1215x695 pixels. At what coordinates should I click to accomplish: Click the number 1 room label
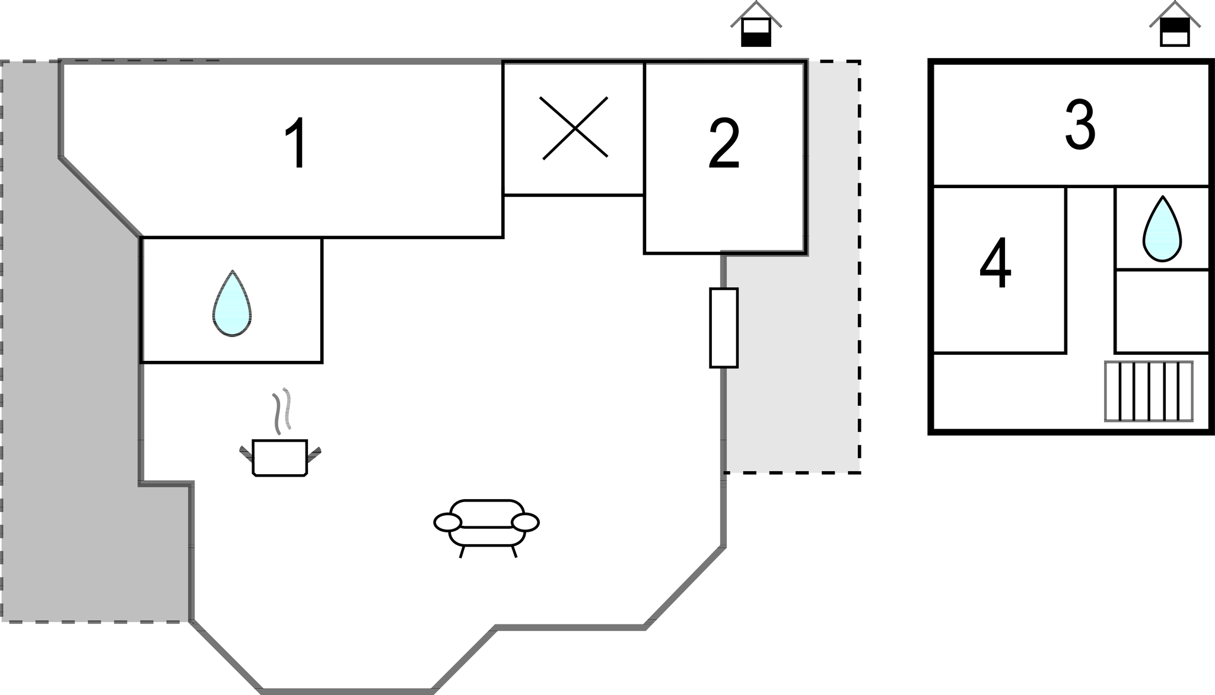point(296,143)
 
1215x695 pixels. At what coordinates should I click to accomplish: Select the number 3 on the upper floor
point(1080,125)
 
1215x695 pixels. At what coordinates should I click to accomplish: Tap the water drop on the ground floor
point(232,303)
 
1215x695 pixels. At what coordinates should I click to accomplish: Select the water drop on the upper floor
point(1162,229)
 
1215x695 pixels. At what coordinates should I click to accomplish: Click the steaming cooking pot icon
point(279,457)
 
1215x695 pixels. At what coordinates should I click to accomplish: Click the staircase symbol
point(1148,391)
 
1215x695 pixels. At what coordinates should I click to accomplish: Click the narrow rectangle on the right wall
point(724,328)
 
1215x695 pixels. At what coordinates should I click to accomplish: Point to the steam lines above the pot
point(282,410)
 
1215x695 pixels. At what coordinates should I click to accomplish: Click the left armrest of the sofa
point(447,522)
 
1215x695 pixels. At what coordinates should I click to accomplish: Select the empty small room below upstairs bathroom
point(1161,311)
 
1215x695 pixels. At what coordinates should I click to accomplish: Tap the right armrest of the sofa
point(525,522)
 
